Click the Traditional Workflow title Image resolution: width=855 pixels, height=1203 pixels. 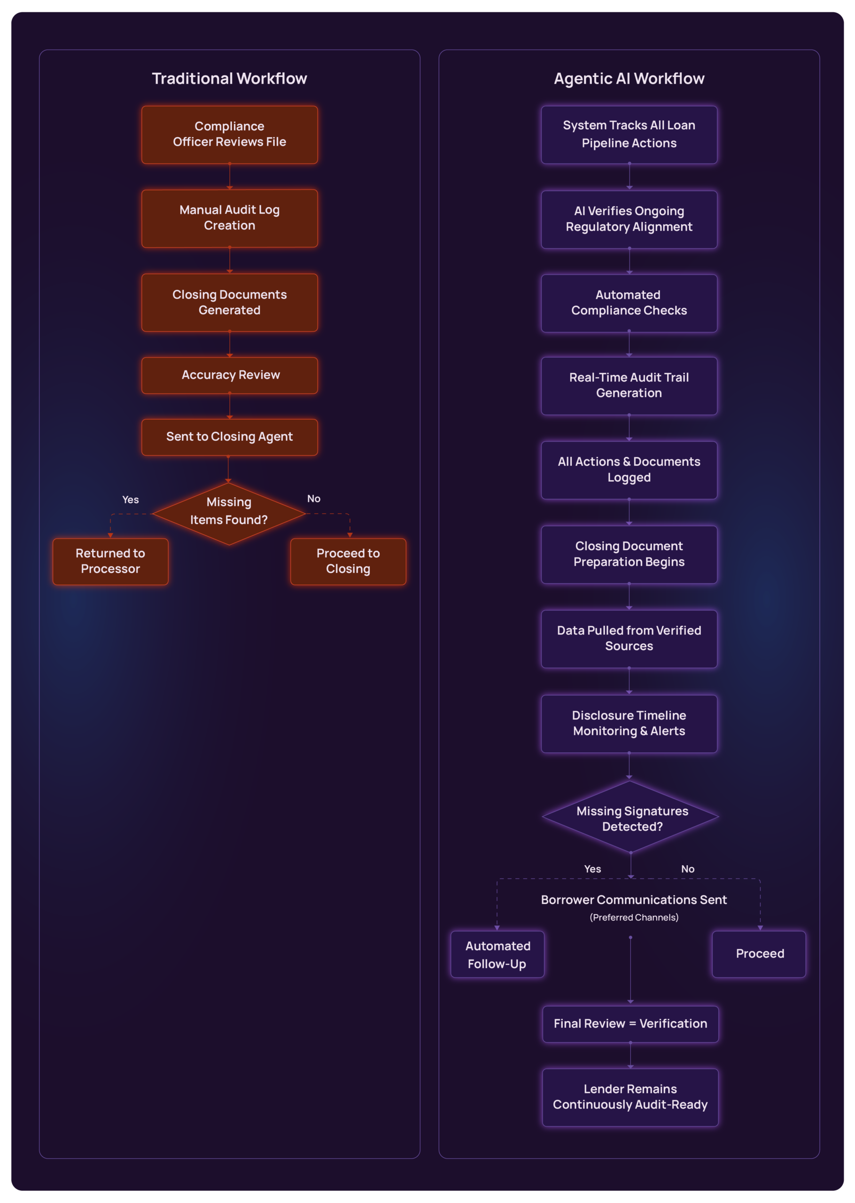[x=229, y=78]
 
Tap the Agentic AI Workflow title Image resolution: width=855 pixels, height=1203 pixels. [x=629, y=78]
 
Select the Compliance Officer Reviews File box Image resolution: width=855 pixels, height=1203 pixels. [x=229, y=134]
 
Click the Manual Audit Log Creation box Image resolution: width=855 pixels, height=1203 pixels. [x=229, y=218]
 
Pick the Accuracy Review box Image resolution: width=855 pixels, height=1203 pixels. [x=229, y=375]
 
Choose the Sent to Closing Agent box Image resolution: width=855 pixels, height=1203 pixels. [x=229, y=437]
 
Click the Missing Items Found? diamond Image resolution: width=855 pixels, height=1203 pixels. [x=229, y=512]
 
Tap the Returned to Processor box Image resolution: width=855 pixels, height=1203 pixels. [x=110, y=561]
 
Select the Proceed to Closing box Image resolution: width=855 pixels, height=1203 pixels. [x=348, y=561]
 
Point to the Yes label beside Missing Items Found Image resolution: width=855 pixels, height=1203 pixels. [x=131, y=500]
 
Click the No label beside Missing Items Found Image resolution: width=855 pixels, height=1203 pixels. [x=314, y=499]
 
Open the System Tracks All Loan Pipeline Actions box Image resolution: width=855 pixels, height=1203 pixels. [x=629, y=134]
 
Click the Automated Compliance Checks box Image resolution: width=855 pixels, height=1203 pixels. [x=629, y=303]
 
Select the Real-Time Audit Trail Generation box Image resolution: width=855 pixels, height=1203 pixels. [x=629, y=385]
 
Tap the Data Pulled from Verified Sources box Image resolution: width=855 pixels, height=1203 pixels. [x=629, y=638]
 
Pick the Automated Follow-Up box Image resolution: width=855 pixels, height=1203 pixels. [x=497, y=954]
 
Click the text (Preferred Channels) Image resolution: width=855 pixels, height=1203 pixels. [x=634, y=917]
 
